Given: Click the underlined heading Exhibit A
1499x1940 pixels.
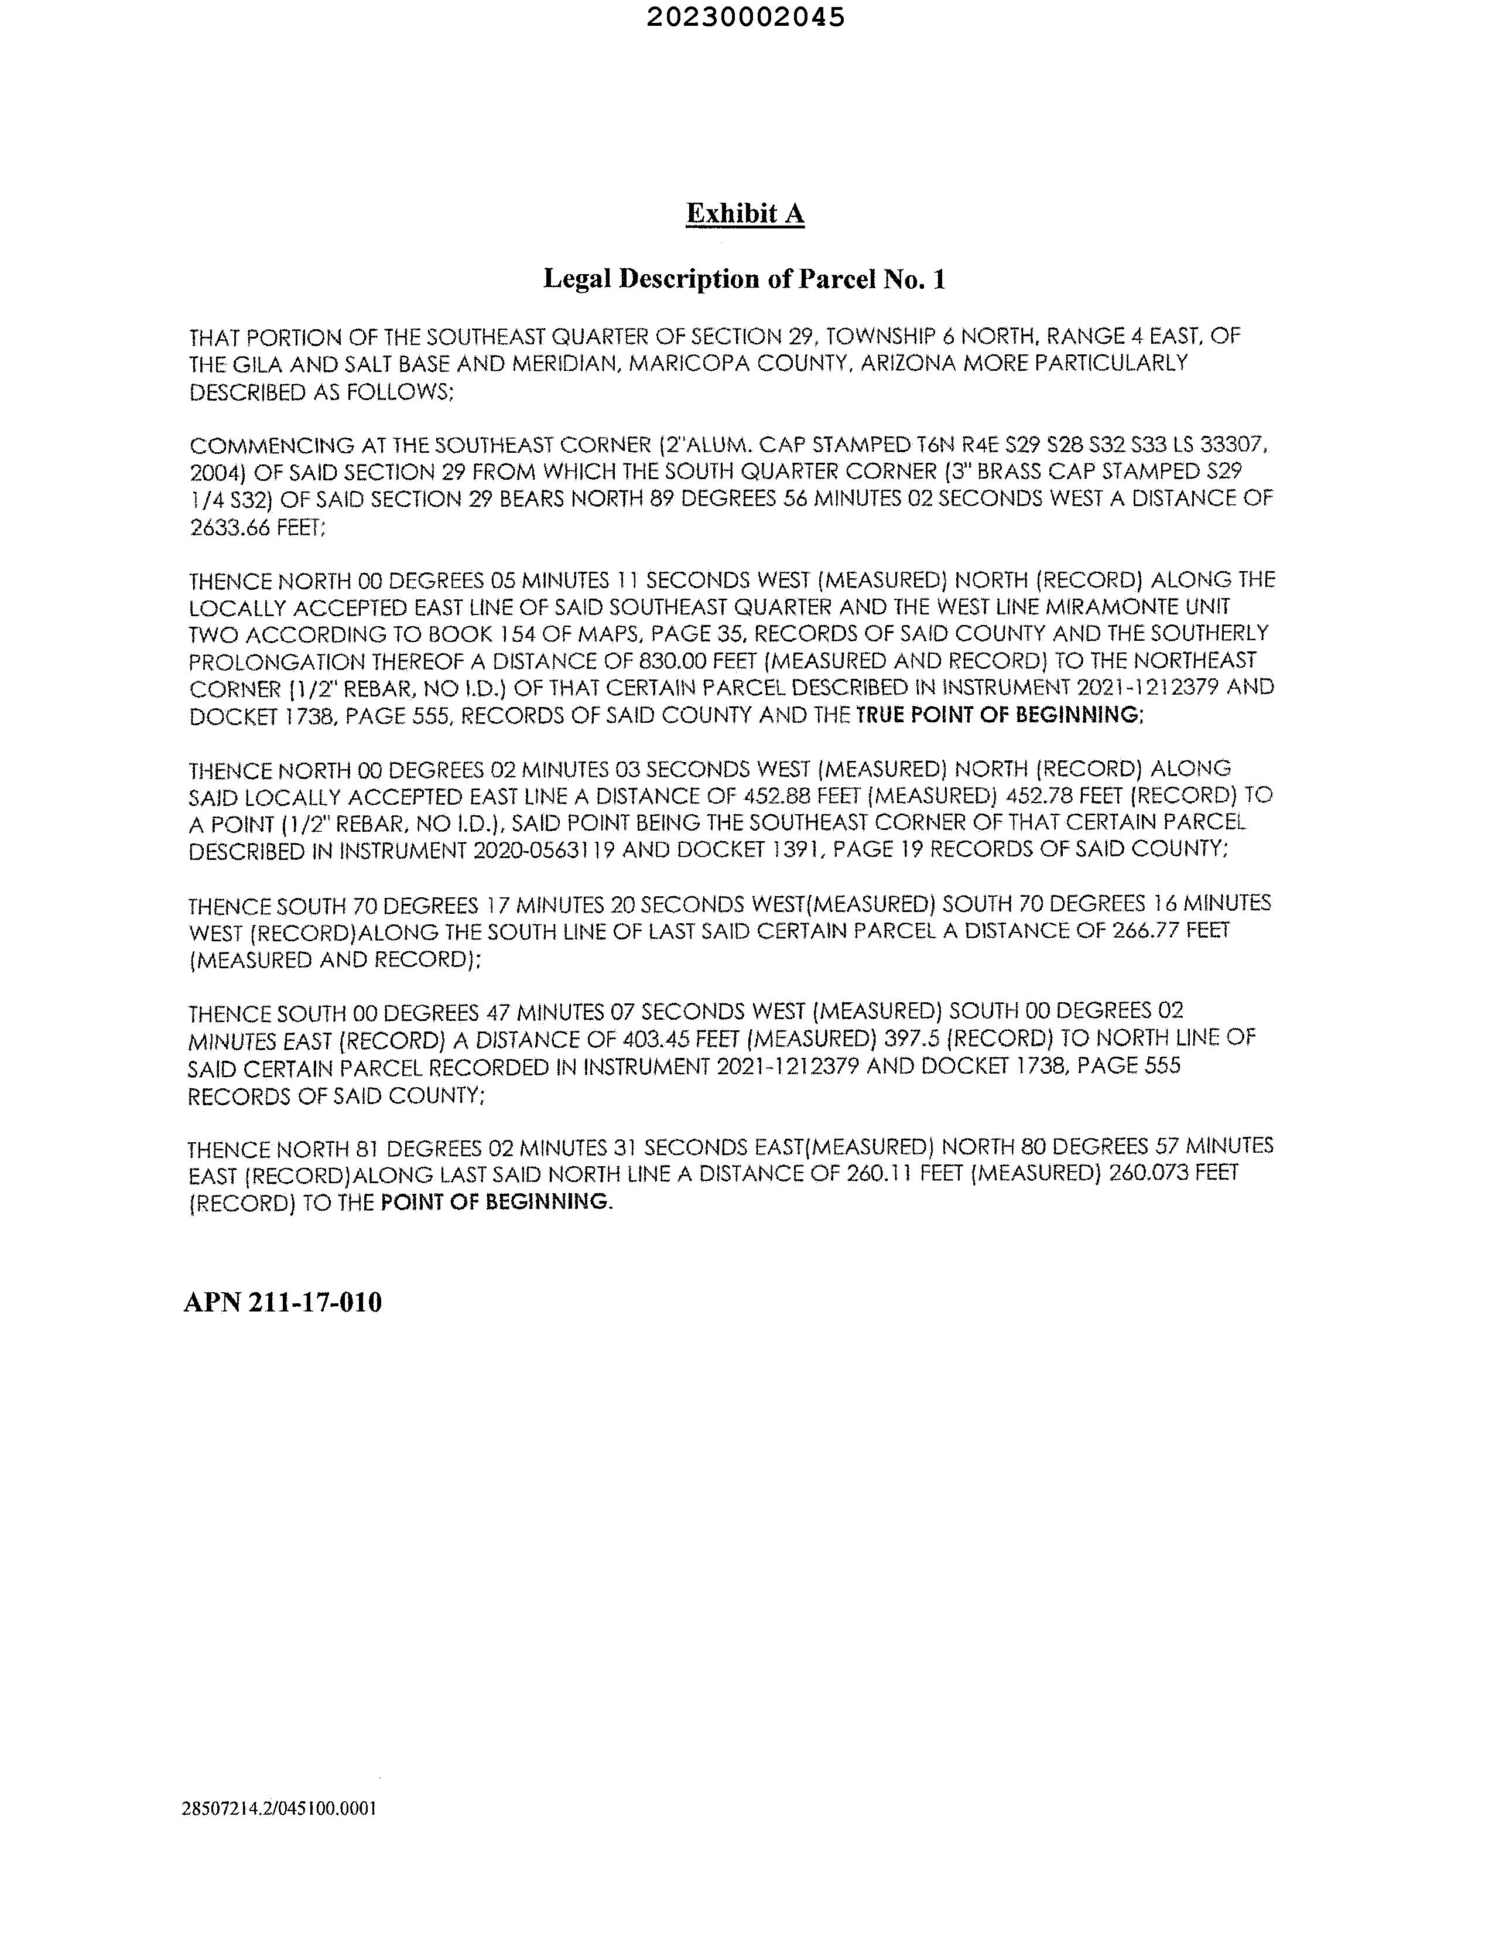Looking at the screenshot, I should (x=745, y=214).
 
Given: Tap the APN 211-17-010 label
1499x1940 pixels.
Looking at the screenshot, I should (x=282, y=1302).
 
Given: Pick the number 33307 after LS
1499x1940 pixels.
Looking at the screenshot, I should (x=1229, y=444).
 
